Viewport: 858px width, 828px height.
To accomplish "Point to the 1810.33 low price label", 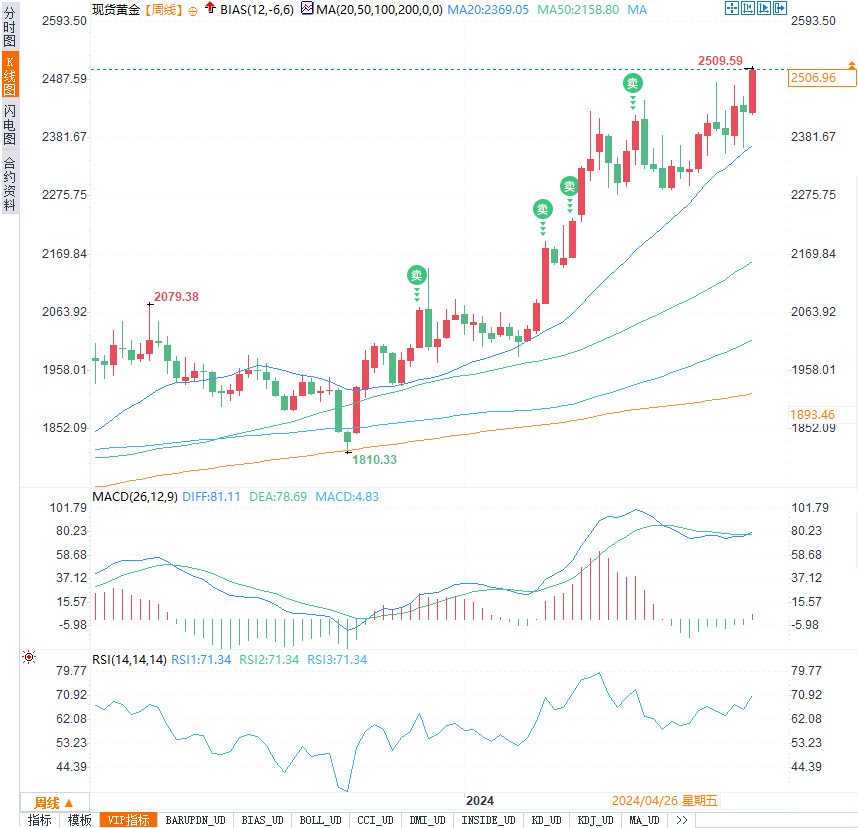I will click(x=374, y=459).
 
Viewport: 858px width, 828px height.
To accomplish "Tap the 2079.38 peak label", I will click(x=176, y=296).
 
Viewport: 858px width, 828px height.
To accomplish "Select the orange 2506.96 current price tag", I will click(x=812, y=77).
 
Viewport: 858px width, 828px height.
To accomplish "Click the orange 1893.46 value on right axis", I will click(x=812, y=414).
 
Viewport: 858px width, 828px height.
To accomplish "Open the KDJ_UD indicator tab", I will click(x=596, y=820).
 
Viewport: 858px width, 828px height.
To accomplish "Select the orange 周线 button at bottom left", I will click(x=48, y=802).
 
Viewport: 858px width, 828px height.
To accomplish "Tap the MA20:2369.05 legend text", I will click(x=488, y=9).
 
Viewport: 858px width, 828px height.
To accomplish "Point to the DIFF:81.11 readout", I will click(x=211, y=496).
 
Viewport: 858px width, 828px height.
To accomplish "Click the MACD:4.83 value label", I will click(x=347, y=496).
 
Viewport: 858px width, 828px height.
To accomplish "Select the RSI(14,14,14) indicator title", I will click(x=129, y=659).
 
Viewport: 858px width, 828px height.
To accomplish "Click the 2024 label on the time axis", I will click(x=481, y=801).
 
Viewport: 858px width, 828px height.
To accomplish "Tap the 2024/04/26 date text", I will click(x=645, y=801).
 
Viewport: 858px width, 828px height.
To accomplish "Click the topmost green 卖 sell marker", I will click(x=633, y=83).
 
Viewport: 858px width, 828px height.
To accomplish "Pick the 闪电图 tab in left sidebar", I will click(x=10, y=123).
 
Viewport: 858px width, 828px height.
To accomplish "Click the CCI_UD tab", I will click(x=376, y=820).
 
